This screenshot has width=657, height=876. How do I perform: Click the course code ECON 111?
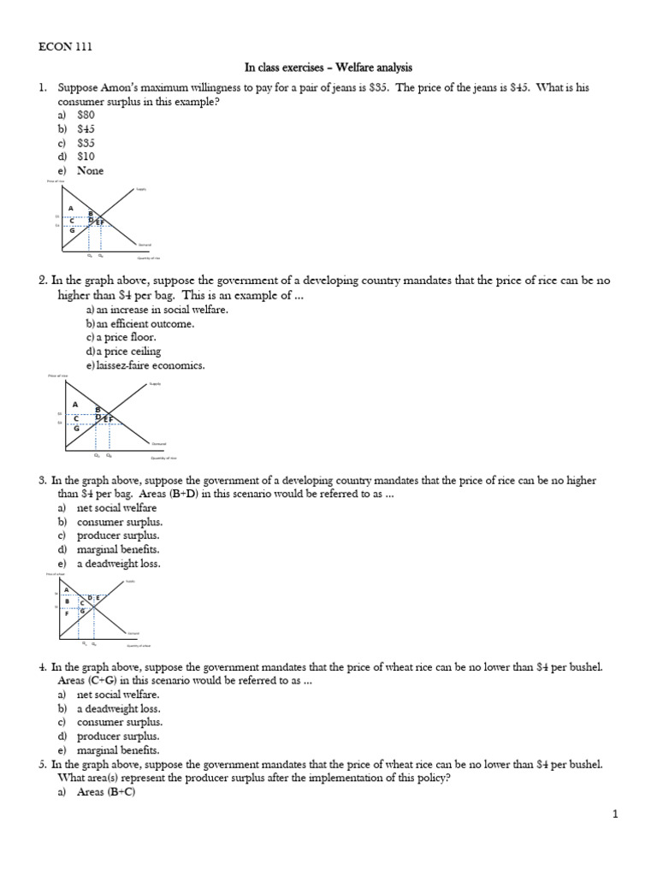pyautogui.click(x=66, y=47)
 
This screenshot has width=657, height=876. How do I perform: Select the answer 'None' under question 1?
pyautogui.click(x=90, y=170)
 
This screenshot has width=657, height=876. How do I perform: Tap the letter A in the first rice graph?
pyautogui.click(x=71, y=209)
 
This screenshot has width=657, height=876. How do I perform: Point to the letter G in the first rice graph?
pyautogui.click(x=72, y=230)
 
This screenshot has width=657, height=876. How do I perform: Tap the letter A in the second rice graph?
pyautogui.click(x=74, y=405)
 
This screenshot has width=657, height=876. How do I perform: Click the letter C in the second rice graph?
pyautogui.click(x=77, y=417)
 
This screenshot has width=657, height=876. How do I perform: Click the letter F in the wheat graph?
pyautogui.click(x=66, y=613)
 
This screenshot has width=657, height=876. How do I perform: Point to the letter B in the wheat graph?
pyautogui.click(x=67, y=601)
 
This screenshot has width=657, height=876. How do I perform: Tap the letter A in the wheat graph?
pyautogui.click(x=66, y=589)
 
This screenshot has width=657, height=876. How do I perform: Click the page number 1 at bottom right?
pyautogui.click(x=614, y=815)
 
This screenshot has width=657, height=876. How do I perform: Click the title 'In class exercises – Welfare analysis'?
pyautogui.click(x=328, y=67)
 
